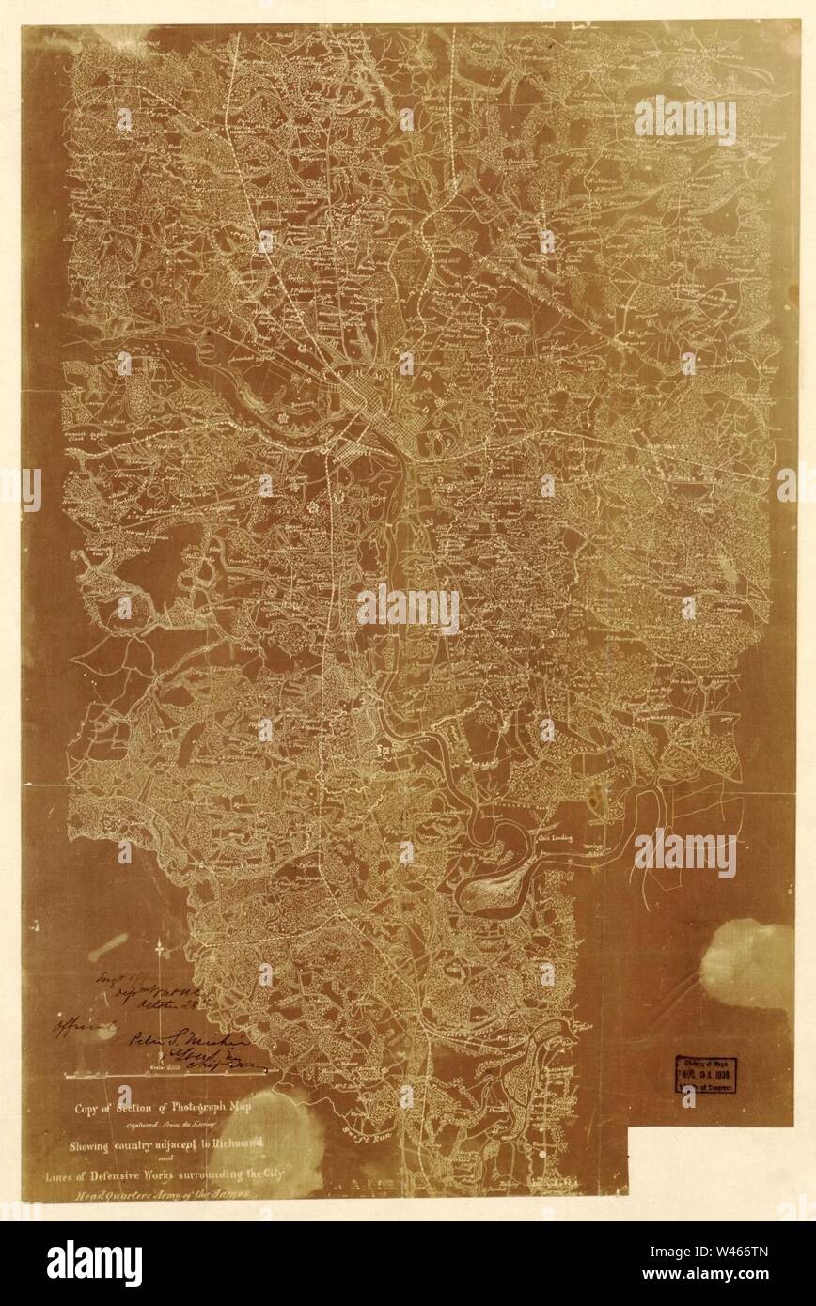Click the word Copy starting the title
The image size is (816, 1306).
click(91, 1107)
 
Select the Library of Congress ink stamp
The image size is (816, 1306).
click(705, 1074)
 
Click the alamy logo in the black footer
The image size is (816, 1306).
click(94, 1263)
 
